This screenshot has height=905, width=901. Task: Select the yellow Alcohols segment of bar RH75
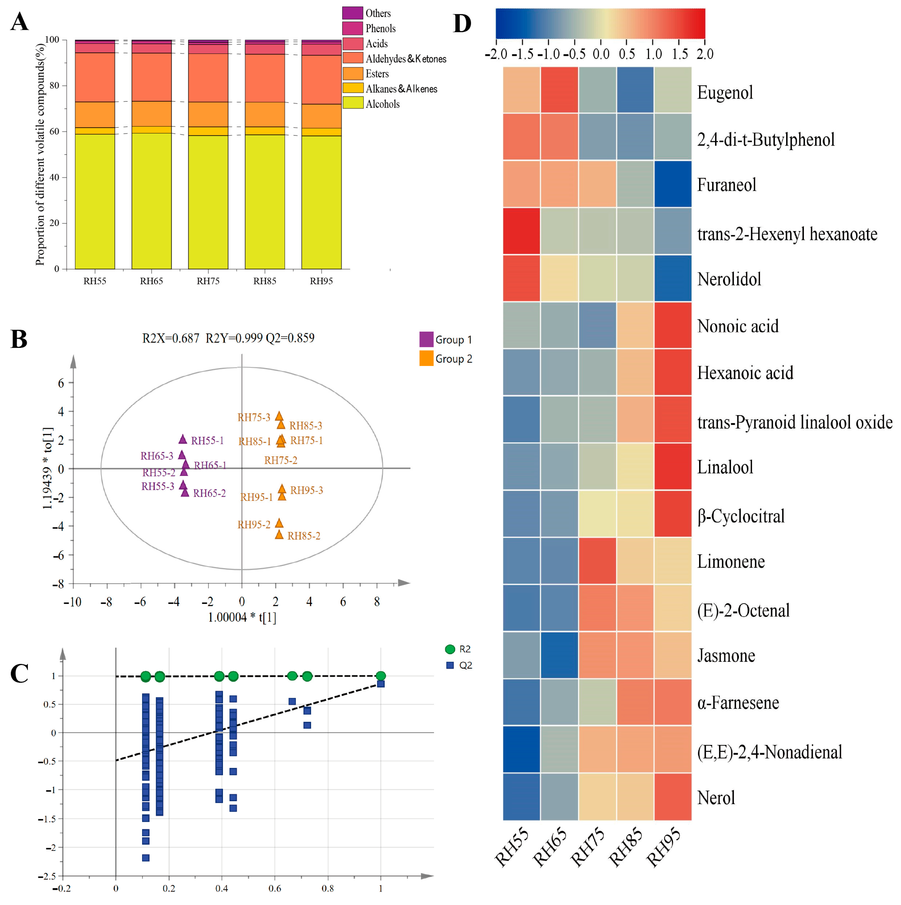tap(208, 201)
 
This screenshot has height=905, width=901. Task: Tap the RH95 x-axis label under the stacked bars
tap(321, 281)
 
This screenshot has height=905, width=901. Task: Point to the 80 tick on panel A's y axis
tap(55, 85)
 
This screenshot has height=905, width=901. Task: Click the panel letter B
tap(19, 339)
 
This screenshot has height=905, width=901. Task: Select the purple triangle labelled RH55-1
tap(183, 439)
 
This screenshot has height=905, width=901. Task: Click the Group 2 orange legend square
tap(426, 358)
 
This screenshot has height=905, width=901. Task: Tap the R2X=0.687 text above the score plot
tap(171, 338)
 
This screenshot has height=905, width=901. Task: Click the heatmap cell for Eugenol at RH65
tap(559, 90)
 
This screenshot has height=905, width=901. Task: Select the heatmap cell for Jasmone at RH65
tap(559, 655)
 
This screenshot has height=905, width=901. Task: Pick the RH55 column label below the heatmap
tap(512, 854)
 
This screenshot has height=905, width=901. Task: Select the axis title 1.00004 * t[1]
tap(242, 617)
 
